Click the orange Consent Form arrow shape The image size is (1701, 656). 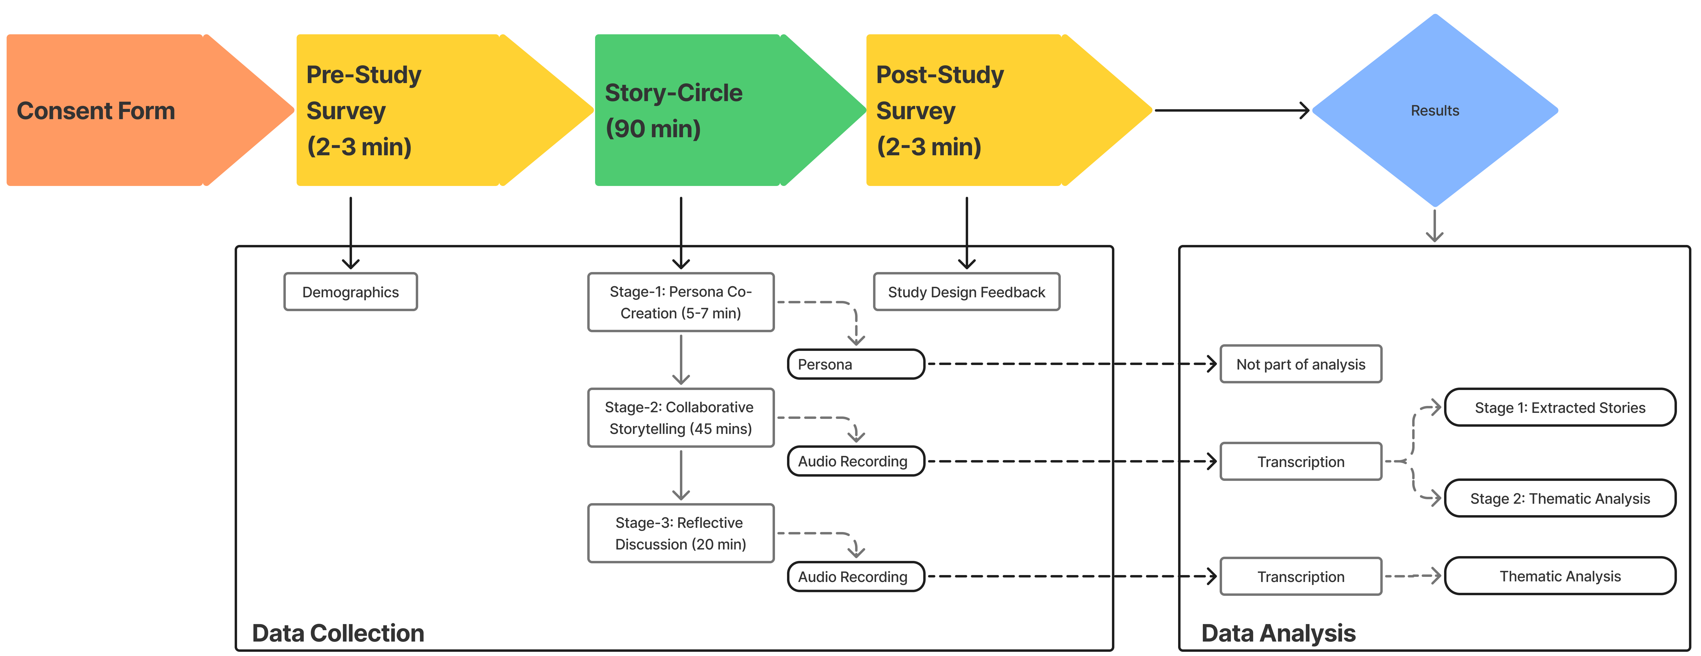132,110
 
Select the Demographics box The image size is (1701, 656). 350,292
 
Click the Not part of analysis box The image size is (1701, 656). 1301,364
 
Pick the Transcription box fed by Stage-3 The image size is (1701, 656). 1301,577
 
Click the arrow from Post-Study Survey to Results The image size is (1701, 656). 1231,110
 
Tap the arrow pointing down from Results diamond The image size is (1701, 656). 1434,226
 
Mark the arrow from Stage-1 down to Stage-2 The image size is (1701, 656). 681,360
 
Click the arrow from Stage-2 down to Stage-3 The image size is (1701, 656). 681,476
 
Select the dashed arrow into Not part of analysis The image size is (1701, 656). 1070,364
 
